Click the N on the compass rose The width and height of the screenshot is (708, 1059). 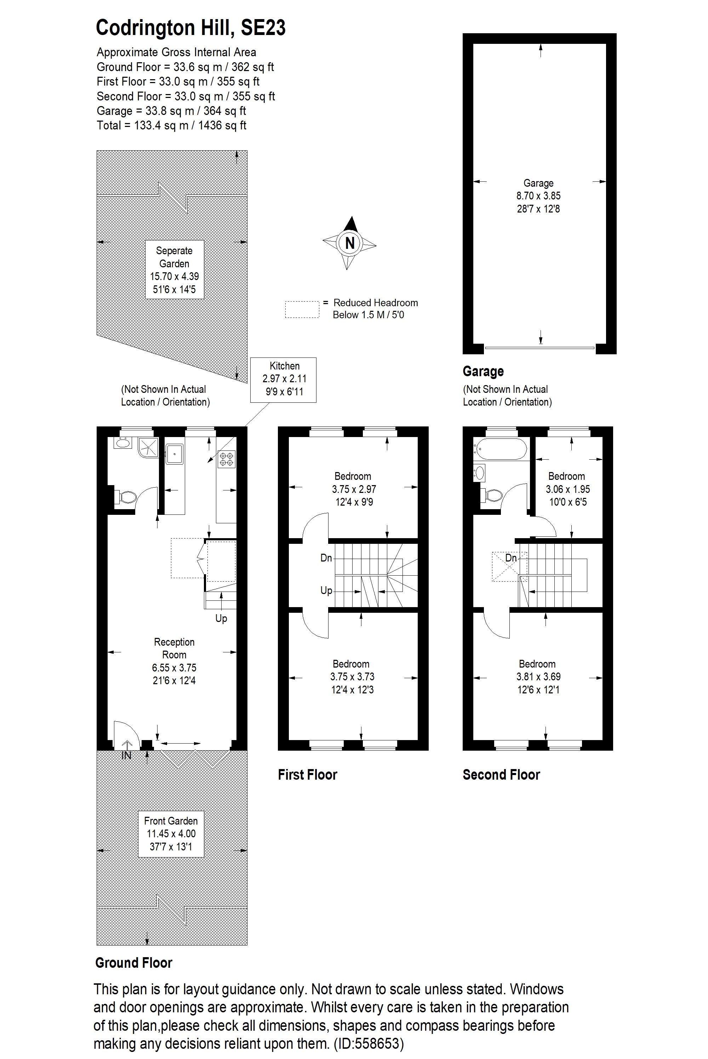[349, 243]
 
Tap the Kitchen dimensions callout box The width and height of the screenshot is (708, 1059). [284, 379]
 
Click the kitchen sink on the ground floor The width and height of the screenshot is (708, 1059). [174, 453]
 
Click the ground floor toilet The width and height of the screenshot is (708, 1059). [126, 497]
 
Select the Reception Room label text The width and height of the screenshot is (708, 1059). [174, 648]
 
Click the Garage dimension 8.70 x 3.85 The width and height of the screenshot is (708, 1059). [538, 196]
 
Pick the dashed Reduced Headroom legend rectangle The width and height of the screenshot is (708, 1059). [302, 309]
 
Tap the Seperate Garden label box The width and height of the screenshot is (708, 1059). [174, 269]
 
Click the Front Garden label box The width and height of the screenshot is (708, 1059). [171, 833]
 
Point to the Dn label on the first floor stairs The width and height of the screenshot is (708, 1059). [326, 558]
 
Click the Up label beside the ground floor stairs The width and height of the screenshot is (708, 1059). [221, 618]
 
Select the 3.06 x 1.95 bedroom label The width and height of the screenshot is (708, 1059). [567, 489]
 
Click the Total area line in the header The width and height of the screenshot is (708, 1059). [172, 126]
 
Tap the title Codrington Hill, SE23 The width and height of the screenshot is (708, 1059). [190, 28]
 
